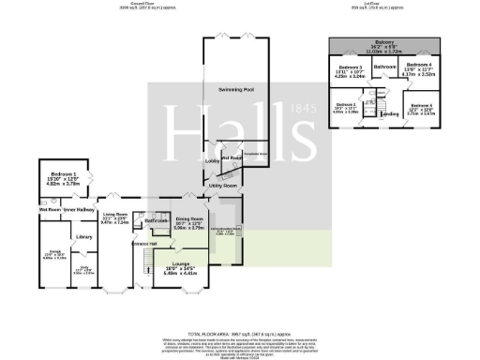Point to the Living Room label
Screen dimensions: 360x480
115,215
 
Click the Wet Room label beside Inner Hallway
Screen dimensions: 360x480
50,210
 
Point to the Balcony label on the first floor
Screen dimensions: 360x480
384,42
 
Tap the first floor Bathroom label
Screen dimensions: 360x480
385,67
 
